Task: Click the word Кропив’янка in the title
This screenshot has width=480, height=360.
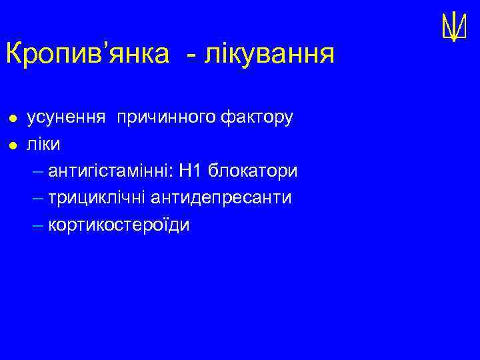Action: [87, 54]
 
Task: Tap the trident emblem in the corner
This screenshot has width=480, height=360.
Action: [453, 27]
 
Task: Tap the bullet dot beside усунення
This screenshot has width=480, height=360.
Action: [11, 119]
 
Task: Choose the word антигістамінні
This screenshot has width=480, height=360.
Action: [110, 171]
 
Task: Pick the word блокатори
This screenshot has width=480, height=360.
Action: [253, 171]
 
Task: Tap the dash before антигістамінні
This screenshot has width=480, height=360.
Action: [36, 172]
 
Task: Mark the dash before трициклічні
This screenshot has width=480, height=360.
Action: [36, 199]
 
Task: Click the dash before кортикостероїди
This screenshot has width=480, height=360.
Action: [36, 225]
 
